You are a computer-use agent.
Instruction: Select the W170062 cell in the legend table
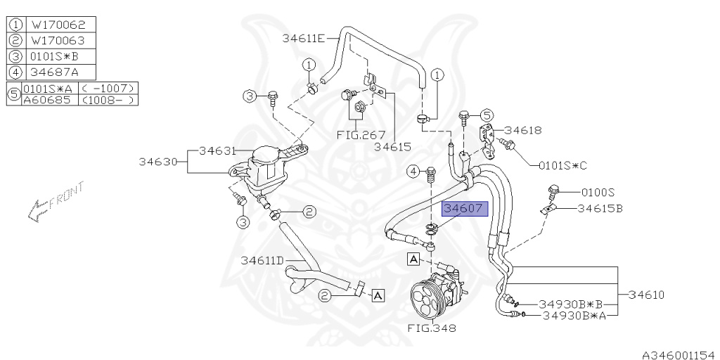(x=59, y=24)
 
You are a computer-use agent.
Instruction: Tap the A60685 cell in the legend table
(x=49, y=100)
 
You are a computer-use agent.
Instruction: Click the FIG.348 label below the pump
(x=431, y=328)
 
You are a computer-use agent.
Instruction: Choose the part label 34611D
(x=262, y=260)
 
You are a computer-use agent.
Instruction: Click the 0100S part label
(x=598, y=191)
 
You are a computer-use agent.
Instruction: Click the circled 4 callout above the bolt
(x=414, y=171)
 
